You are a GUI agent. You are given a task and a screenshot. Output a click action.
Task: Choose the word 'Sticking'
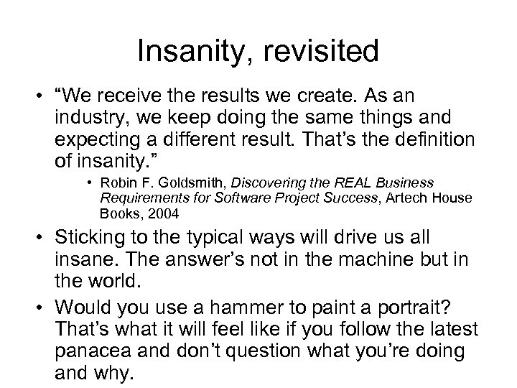point(88,237)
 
